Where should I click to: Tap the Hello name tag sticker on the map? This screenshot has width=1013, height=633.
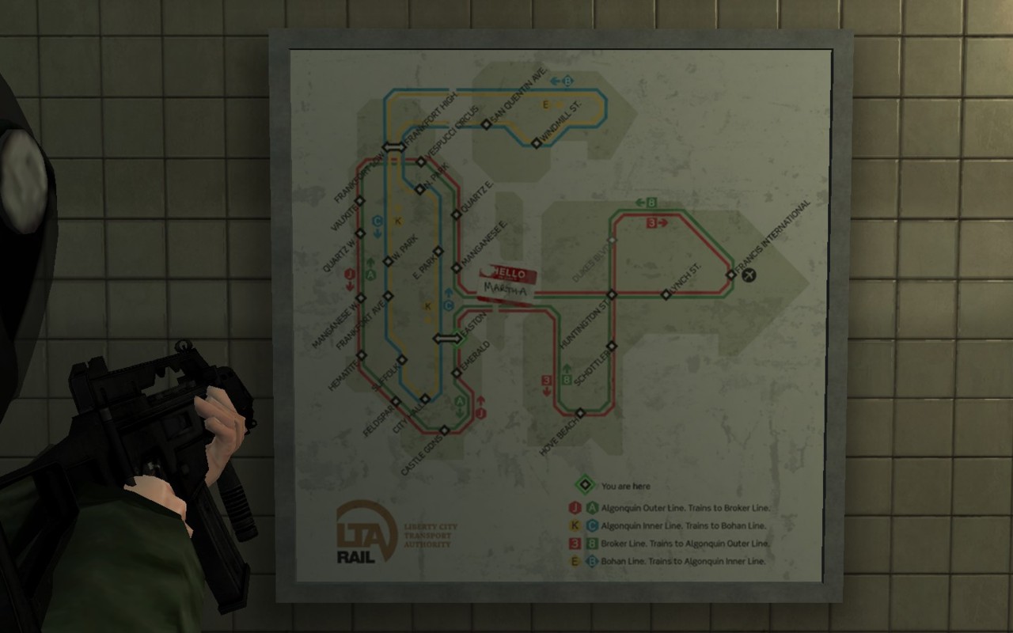tap(507, 282)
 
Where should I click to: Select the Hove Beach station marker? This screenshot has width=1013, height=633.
tap(580, 413)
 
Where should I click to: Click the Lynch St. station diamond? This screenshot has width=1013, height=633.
tap(666, 294)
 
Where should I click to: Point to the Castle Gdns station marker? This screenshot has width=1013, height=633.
tap(445, 430)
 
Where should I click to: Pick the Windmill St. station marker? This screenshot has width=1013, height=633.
tap(536, 143)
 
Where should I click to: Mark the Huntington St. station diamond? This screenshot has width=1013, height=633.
tap(611, 294)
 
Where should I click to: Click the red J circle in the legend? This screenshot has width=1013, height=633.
tap(574, 508)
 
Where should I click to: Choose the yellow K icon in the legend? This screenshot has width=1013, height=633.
tap(574, 526)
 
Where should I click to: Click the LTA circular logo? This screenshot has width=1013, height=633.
tap(365, 529)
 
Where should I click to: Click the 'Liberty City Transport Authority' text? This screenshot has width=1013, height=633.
tap(430, 536)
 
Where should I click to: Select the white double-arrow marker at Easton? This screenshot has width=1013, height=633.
tap(445, 339)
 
